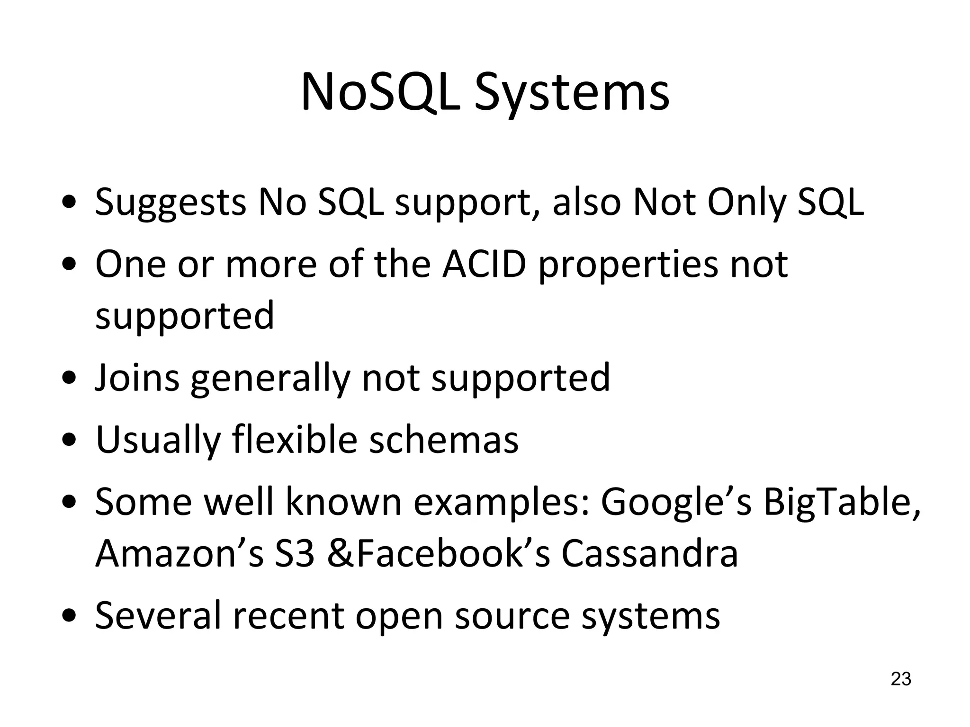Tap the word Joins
pyautogui.click(x=137, y=378)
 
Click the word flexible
pyautogui.click(x=294, y=440)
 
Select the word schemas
pyautogui.click(x=444, y=440)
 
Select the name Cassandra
pyautogui.click(x=650, y=554)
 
